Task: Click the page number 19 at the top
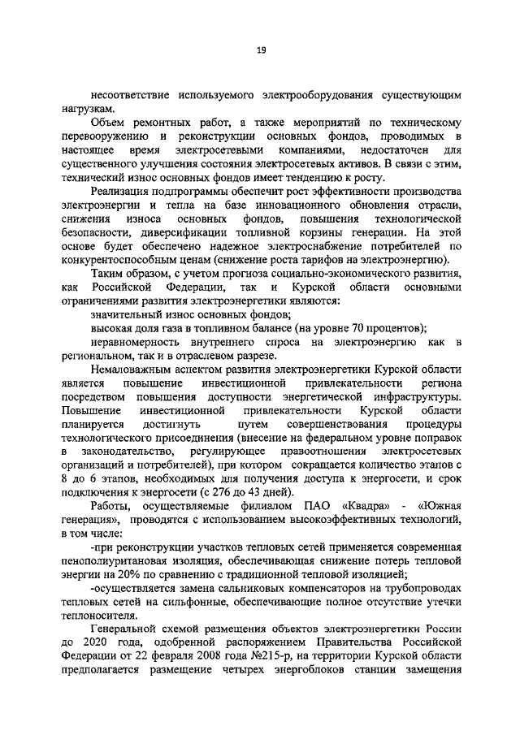tap(262, 51)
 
